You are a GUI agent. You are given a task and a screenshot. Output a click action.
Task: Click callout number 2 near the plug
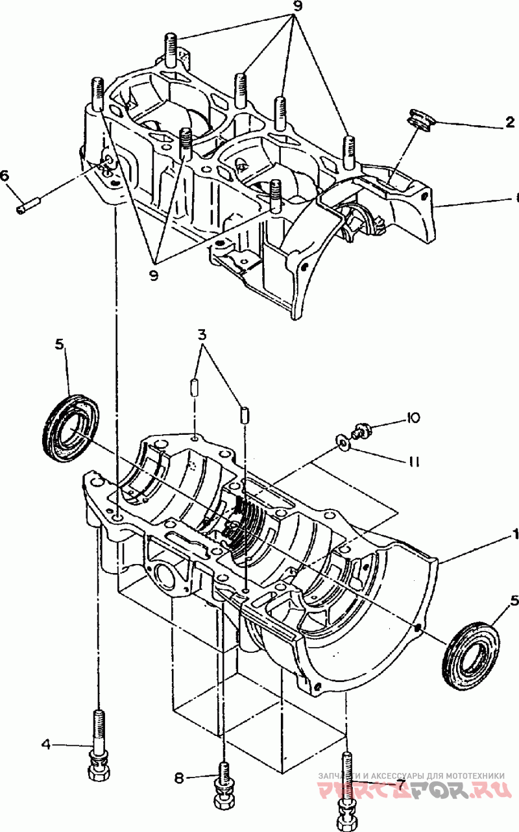click(x=511, y=121)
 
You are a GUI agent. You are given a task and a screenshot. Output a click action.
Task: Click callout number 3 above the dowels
click(x=202, y=336)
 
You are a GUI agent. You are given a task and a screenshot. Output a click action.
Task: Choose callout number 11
click(x=414, y=461)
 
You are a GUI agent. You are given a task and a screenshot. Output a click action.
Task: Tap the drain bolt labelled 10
click(x=360, y=429)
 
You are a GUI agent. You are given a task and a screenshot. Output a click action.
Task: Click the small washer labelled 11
click(x=341, y=443)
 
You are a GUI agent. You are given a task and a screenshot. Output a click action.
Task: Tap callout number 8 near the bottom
click(x=179, y=776)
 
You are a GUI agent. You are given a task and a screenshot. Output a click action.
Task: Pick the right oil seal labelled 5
click(x=472, y=652)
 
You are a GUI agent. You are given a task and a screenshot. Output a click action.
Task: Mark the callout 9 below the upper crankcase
click(x=154, y=275)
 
